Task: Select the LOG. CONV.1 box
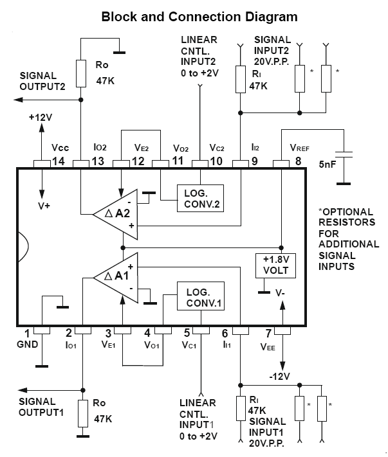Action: [201, 296]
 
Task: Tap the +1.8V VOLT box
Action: [275, 265]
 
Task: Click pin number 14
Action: [58, 160]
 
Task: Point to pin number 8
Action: [298, 160]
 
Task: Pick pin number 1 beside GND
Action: [26, 333]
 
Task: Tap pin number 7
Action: [269, 333]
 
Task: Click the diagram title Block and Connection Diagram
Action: [199, 16]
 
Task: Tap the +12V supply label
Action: [41, 119]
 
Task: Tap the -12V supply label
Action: [280, 376]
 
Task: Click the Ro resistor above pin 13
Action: [81, 73]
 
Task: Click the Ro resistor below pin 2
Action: [82, 413]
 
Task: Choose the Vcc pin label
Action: [59, 147]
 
